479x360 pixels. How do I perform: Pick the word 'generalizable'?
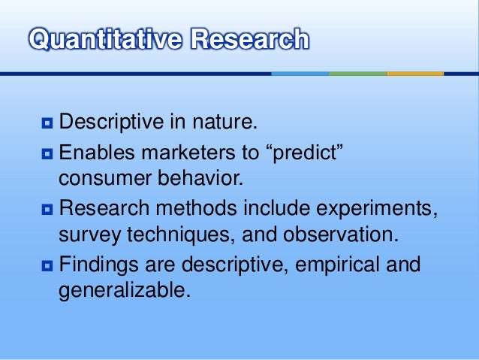(122, 291)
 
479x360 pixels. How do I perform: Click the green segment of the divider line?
(357, 74)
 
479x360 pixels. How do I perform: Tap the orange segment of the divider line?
(414, 74)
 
